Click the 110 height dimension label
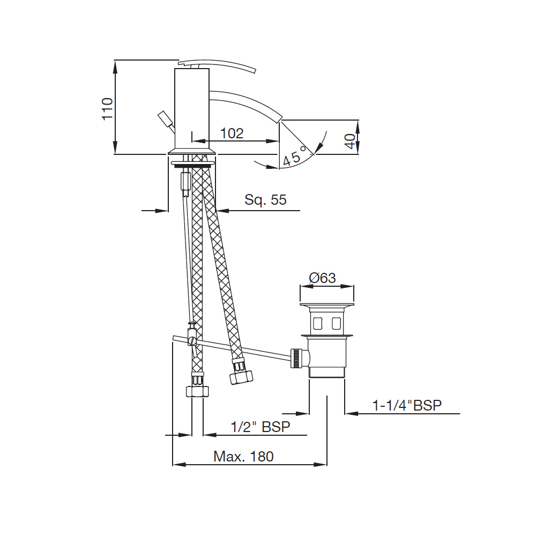coord(107,109)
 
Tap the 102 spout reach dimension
coord(232,133)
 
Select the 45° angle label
coord(294,156)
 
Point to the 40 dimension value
coord(350,141)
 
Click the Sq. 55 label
coord(265,199)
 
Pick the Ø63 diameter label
coord(322,278)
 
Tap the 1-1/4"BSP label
coord(407,405)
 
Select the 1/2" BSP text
coord(260,427)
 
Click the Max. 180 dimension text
coord(243,456)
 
